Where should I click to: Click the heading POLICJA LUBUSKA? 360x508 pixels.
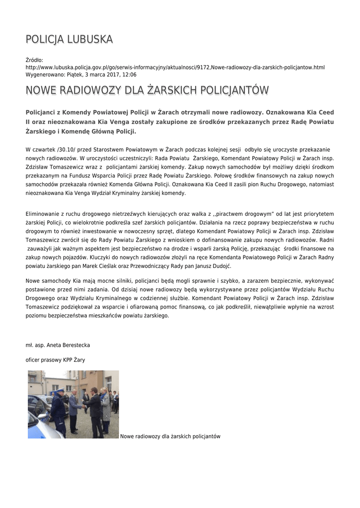pyautogui.click(x=69, y=39)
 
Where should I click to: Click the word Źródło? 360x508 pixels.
pyautogui.click(x=34, y=60)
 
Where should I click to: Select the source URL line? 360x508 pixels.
pyautogui.click(x=175, y=67)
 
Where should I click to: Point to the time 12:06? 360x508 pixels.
pyautogui.click(x=129, y=74)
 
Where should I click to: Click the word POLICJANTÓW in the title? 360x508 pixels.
pyautogui.click(x=232, y=90)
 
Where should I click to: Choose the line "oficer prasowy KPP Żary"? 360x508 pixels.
pyautogui.click(x=55, y=360)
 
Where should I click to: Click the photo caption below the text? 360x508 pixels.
pyautogui.click(x=170, y=436)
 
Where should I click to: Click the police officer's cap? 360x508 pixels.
pyautogui.click(x=60, y=391)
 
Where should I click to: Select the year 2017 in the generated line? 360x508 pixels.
pyautogui.click(x=108, y=74)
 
